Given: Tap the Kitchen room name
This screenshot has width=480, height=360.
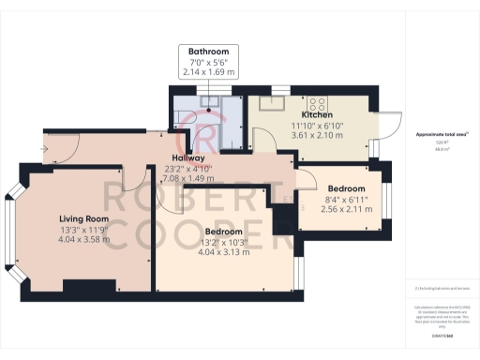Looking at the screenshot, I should click(317, 114).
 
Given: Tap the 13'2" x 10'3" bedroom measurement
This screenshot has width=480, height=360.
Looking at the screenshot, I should click(224, 242).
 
